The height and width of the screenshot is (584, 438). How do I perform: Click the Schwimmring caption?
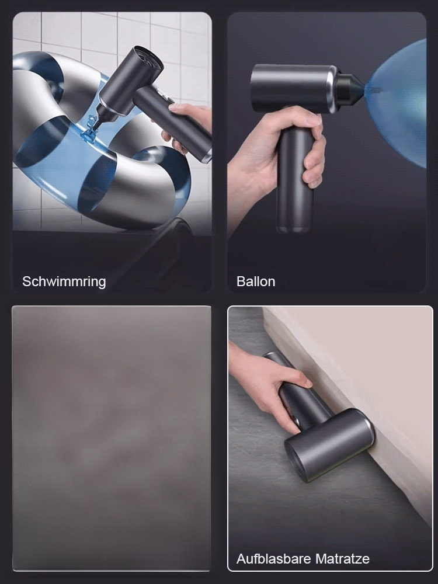(x=64, y=281)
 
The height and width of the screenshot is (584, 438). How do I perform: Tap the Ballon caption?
(x=256, y=281)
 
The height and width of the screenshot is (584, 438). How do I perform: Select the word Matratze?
(x=342, y=559)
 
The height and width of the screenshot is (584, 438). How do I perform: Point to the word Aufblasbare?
(x=273, y=559)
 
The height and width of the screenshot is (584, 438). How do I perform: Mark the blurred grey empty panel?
(x=111, y=438)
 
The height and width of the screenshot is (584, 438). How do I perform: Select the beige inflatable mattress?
(x=374, y=374)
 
